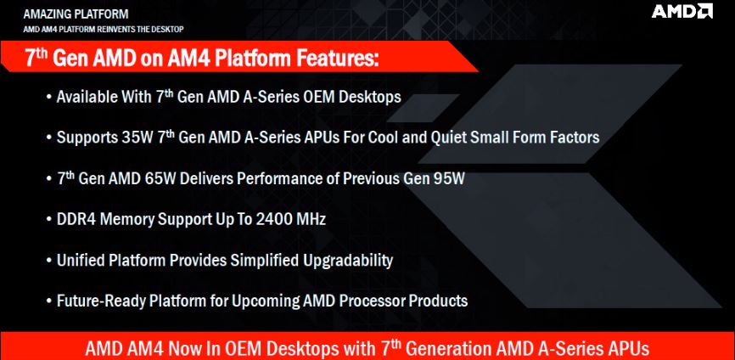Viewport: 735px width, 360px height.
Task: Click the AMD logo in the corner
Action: click(x=682, y=11)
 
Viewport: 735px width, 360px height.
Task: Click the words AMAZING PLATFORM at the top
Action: click(x=76, y=14)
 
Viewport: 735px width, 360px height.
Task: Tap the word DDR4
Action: click(x=74, y=219)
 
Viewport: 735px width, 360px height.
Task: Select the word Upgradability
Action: click(x=348, y=261)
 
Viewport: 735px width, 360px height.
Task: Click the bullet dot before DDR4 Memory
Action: click(x=49, y=220)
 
